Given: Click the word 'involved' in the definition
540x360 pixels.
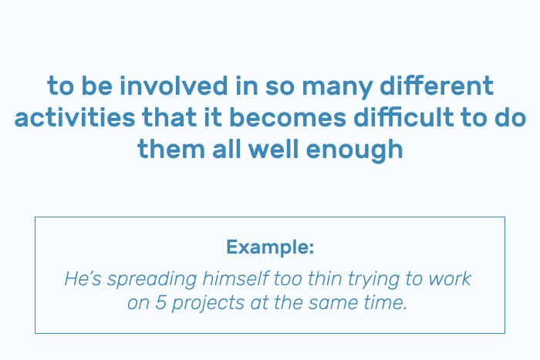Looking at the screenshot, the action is (x=174, y=86).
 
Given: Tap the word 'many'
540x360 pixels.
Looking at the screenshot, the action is (x=338, y=88).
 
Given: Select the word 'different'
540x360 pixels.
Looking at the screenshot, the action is (x=437, y=86).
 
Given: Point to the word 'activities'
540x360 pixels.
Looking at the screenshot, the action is (x=75, y=117).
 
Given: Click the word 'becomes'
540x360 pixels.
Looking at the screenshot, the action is (x=288, y=117).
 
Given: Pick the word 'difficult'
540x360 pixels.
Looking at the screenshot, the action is (x=403, y=117).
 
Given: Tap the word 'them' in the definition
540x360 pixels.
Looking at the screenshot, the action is (x=171, y=149).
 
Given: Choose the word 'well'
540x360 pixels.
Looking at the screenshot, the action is (x=273, y=149).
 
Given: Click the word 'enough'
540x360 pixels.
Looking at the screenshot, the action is (x=354, y=151).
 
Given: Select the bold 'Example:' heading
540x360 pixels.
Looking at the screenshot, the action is (x=270, y=247).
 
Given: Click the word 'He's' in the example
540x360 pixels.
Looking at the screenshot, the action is (x=83, y=278).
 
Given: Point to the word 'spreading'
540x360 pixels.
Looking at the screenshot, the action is (x=152, y=281).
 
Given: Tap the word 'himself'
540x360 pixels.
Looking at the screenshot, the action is (x=235, y=278).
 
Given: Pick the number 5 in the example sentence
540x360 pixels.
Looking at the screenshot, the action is (x=160, y=303).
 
